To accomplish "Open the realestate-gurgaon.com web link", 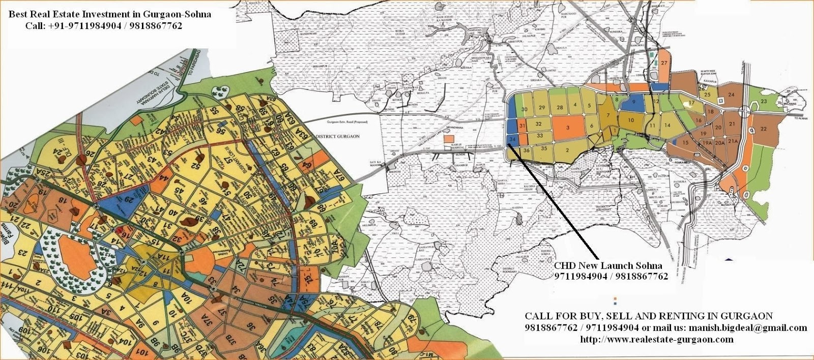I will pos(657,339).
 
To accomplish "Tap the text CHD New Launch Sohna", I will pos(608,266).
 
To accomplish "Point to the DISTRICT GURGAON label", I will pos(338,136).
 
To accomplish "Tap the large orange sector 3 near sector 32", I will pos(567,127).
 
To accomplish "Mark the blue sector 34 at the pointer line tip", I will pos(512,139).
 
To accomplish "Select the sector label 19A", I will pos(707,144).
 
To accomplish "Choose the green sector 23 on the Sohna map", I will pos(764,102).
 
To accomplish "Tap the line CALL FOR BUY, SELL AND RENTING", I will pos(649,316).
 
